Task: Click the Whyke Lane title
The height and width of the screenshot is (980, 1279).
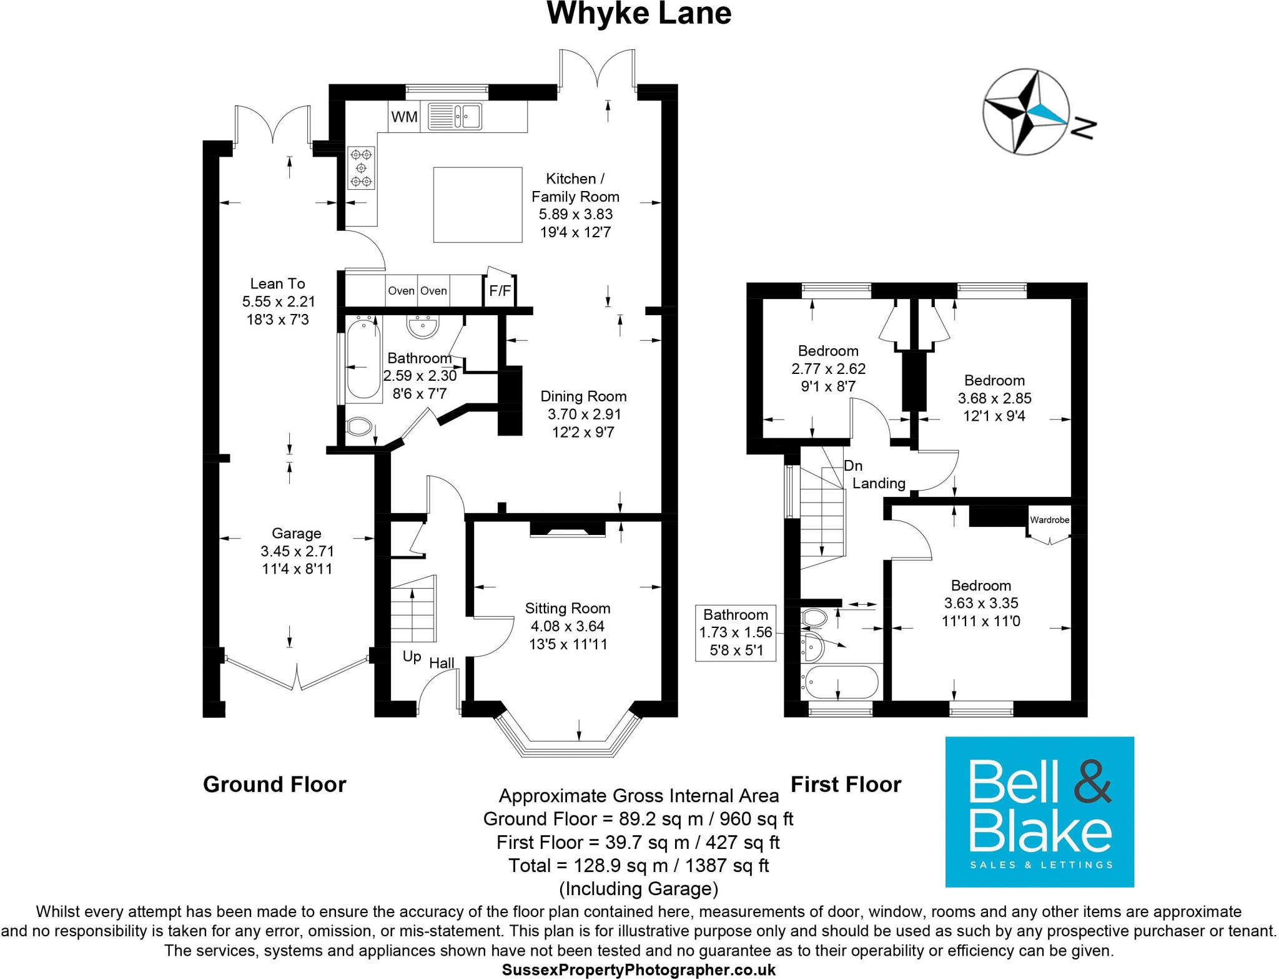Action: pyautogui.click(x=639, y=14)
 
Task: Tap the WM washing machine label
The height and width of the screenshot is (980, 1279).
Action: pyautogui.click(x=404, y=117)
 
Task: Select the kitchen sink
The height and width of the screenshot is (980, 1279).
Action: pyautogui.click(x=455, y=116)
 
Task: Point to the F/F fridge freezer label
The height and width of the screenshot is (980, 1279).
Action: pyautogui.click(x=500, y=291)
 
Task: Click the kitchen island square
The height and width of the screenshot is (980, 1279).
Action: pyautogui.click(x=478, y=204)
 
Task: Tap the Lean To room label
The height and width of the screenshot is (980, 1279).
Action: pyautogui.click(x=278, y=284)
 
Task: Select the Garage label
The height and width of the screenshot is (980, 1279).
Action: pyautogui.click(x=297, y=534)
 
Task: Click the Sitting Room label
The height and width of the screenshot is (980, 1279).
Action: pyautogui.click(x=567, y=609)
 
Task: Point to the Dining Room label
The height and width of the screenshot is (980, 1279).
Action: pyautogui.click(x=583, y=396)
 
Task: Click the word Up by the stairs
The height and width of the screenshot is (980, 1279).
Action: pyautogui.click(x=412, y=657)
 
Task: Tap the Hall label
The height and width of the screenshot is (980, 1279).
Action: pyautogui.click(x=442, y=663)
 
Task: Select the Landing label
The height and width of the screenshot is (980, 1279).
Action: pyautogui.click(x=879, y=483)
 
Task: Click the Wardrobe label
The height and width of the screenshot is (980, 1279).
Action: pyautogui.click(x=1050, y=520)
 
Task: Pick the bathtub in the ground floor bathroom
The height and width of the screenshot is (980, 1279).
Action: pyautogui.click(x=363, y=360)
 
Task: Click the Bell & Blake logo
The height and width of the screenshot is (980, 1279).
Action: pyautogui.click(x=1039, y=811)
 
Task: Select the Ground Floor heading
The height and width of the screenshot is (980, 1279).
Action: pyautogui.click(x=274, y=785)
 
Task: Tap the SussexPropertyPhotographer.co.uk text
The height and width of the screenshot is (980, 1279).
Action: pyautogui.click(x=639, y=970)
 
